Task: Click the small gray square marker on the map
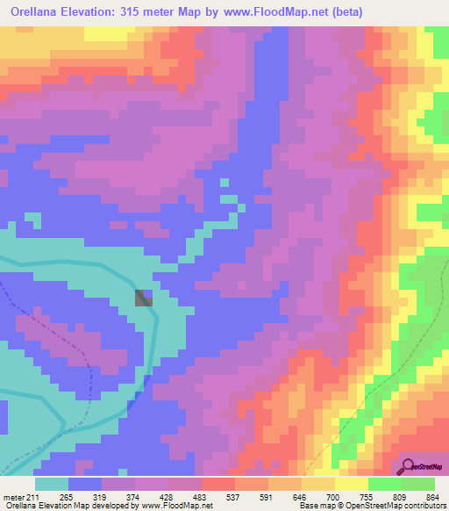tap(143, 298)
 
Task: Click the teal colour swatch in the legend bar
tap(52, 483)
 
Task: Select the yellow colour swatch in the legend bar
tap(351, 483)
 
